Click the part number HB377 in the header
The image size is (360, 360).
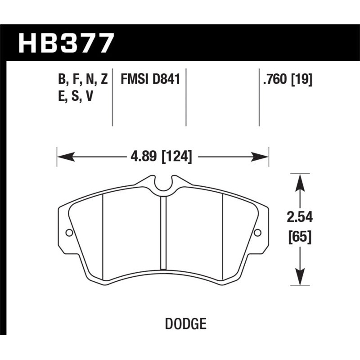pyautogui.click(x=66, y=43)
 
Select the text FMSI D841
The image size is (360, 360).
pyautogui.click(x=150, y=80)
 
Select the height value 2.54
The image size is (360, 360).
pyautogui.click(x=299, y=218)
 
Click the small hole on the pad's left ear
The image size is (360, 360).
pyautogui.click(x=69, y=233)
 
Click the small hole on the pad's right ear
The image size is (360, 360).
pyautogui.click(x=257, y=233)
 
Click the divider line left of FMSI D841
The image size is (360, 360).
pyautogui.click(x=112, y=97)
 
